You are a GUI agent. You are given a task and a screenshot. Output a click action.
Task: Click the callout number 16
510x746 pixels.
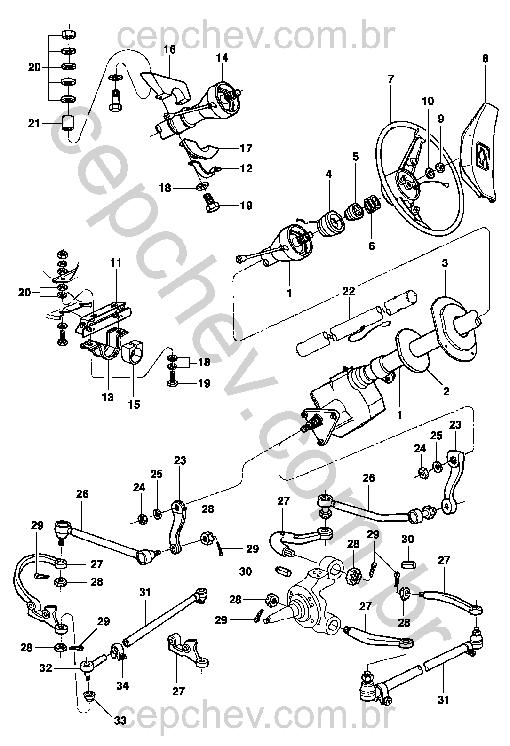coord(169,49)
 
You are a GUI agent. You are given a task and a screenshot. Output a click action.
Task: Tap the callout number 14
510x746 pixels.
coord(222,58)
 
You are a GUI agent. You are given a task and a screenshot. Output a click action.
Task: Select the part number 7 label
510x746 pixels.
coord(390,79)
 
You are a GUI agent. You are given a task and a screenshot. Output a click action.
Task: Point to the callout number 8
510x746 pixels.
coord(485,59)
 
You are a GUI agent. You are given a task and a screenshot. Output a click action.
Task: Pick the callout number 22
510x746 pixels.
coord(349,292)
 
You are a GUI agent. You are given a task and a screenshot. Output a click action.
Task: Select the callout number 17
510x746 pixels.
coord(246,149)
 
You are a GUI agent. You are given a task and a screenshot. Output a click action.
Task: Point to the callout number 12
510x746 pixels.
coord(246,168)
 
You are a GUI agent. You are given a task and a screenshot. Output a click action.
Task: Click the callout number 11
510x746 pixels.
coord(116,263)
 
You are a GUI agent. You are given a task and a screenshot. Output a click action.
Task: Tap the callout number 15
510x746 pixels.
coord(134,404)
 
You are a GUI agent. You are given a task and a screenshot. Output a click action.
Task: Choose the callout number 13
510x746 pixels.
coord(108,397)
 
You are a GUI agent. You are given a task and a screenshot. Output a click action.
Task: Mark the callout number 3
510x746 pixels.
coord(445,263)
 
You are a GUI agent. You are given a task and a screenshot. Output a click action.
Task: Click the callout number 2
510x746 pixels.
coord(446,390)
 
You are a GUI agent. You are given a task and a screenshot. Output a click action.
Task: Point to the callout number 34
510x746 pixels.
coord(123,686)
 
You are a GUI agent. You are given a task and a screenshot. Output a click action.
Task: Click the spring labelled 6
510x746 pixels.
coord(372,205)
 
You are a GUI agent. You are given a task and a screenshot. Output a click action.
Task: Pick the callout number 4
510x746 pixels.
coord(328,174)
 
